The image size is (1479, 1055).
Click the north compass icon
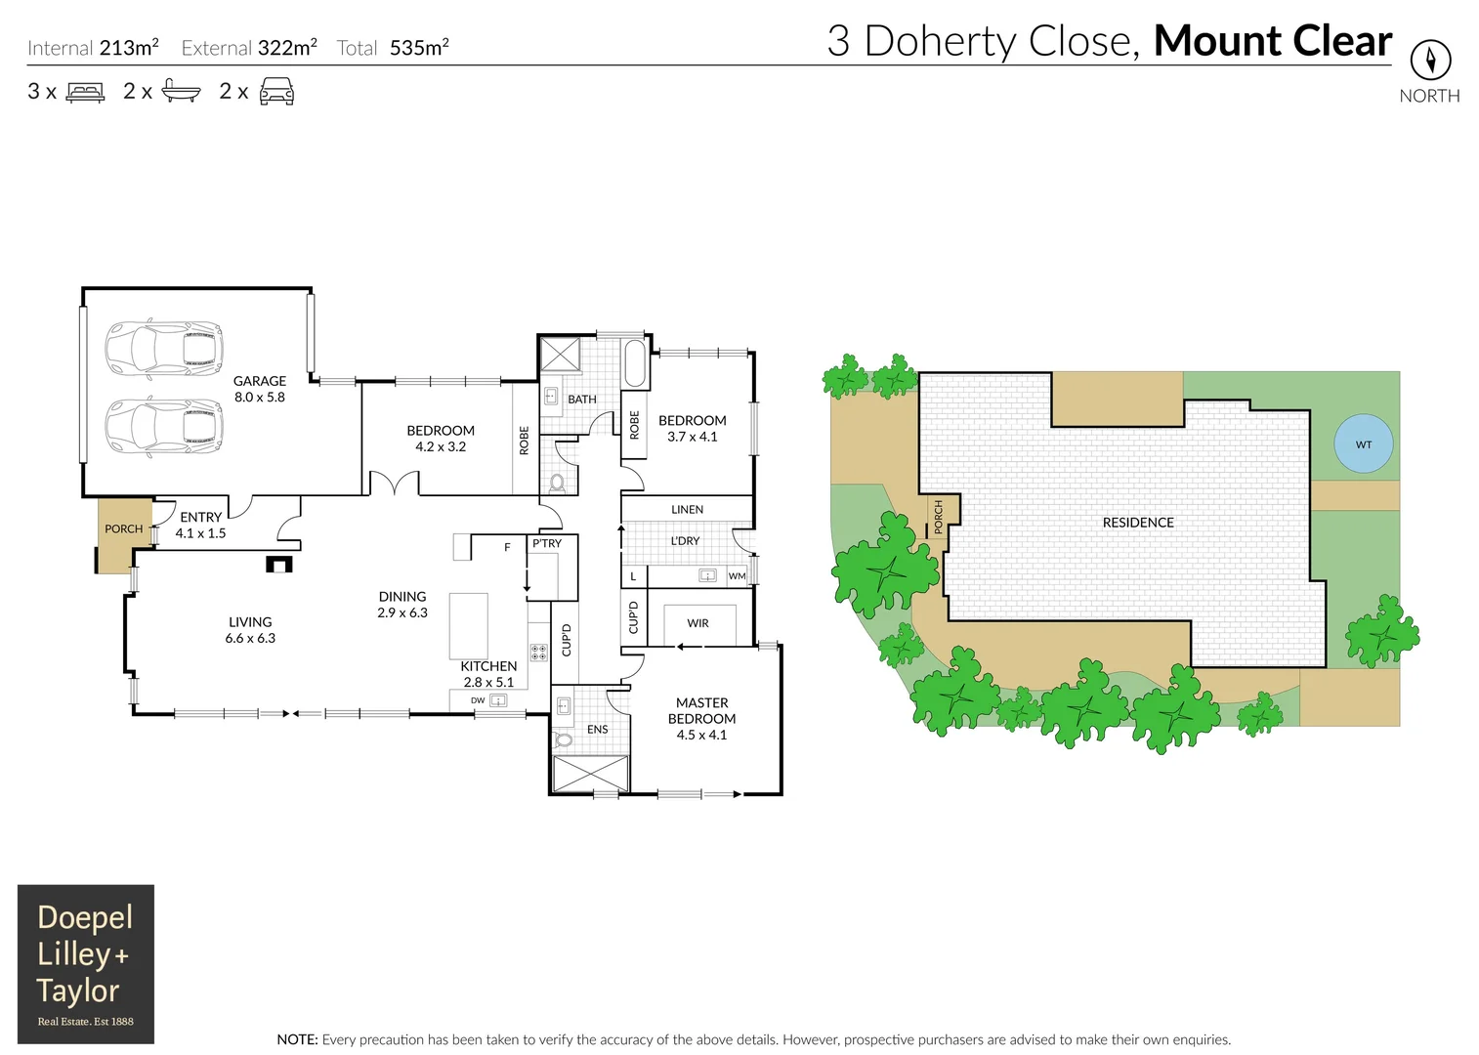tap(1430, 61)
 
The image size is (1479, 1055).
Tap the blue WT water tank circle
tap(1363, 444)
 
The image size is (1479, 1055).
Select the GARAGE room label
tap(260, 381)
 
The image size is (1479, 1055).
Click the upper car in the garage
tap(164, 349)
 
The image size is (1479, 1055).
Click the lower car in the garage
tap(164, 427)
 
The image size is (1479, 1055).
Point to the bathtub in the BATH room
tap(634, 364)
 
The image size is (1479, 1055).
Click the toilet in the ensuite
tap(563, 738)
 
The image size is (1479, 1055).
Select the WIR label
tap(697, 623)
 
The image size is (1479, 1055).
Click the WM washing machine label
tap(737, 576)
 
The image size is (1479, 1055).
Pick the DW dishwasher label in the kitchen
tap(478, 700)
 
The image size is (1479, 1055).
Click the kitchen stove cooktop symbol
tap(538, 653)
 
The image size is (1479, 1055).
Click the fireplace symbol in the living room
tap(279, 565)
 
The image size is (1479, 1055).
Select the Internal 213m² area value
tap(128, 47)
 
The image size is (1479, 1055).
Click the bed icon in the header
tap(85, 93)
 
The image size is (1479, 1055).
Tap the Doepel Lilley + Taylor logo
tap(86, 963)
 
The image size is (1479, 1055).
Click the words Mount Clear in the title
tap(1272, 41)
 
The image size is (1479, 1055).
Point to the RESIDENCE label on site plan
tap(1138, 523)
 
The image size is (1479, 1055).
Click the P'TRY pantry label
tap(547, 543)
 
